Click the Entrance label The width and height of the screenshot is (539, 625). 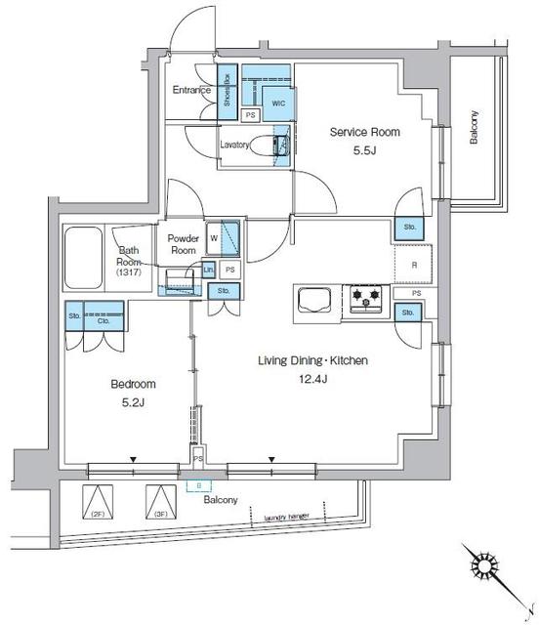click(192, 91)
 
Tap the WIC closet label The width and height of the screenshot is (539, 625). click(277, 102)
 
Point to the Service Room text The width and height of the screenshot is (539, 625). click(365, 132)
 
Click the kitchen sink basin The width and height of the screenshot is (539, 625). click(315, 302)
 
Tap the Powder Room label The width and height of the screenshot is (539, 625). click(184, 244)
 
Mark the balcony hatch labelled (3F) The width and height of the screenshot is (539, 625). click(159, 502)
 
